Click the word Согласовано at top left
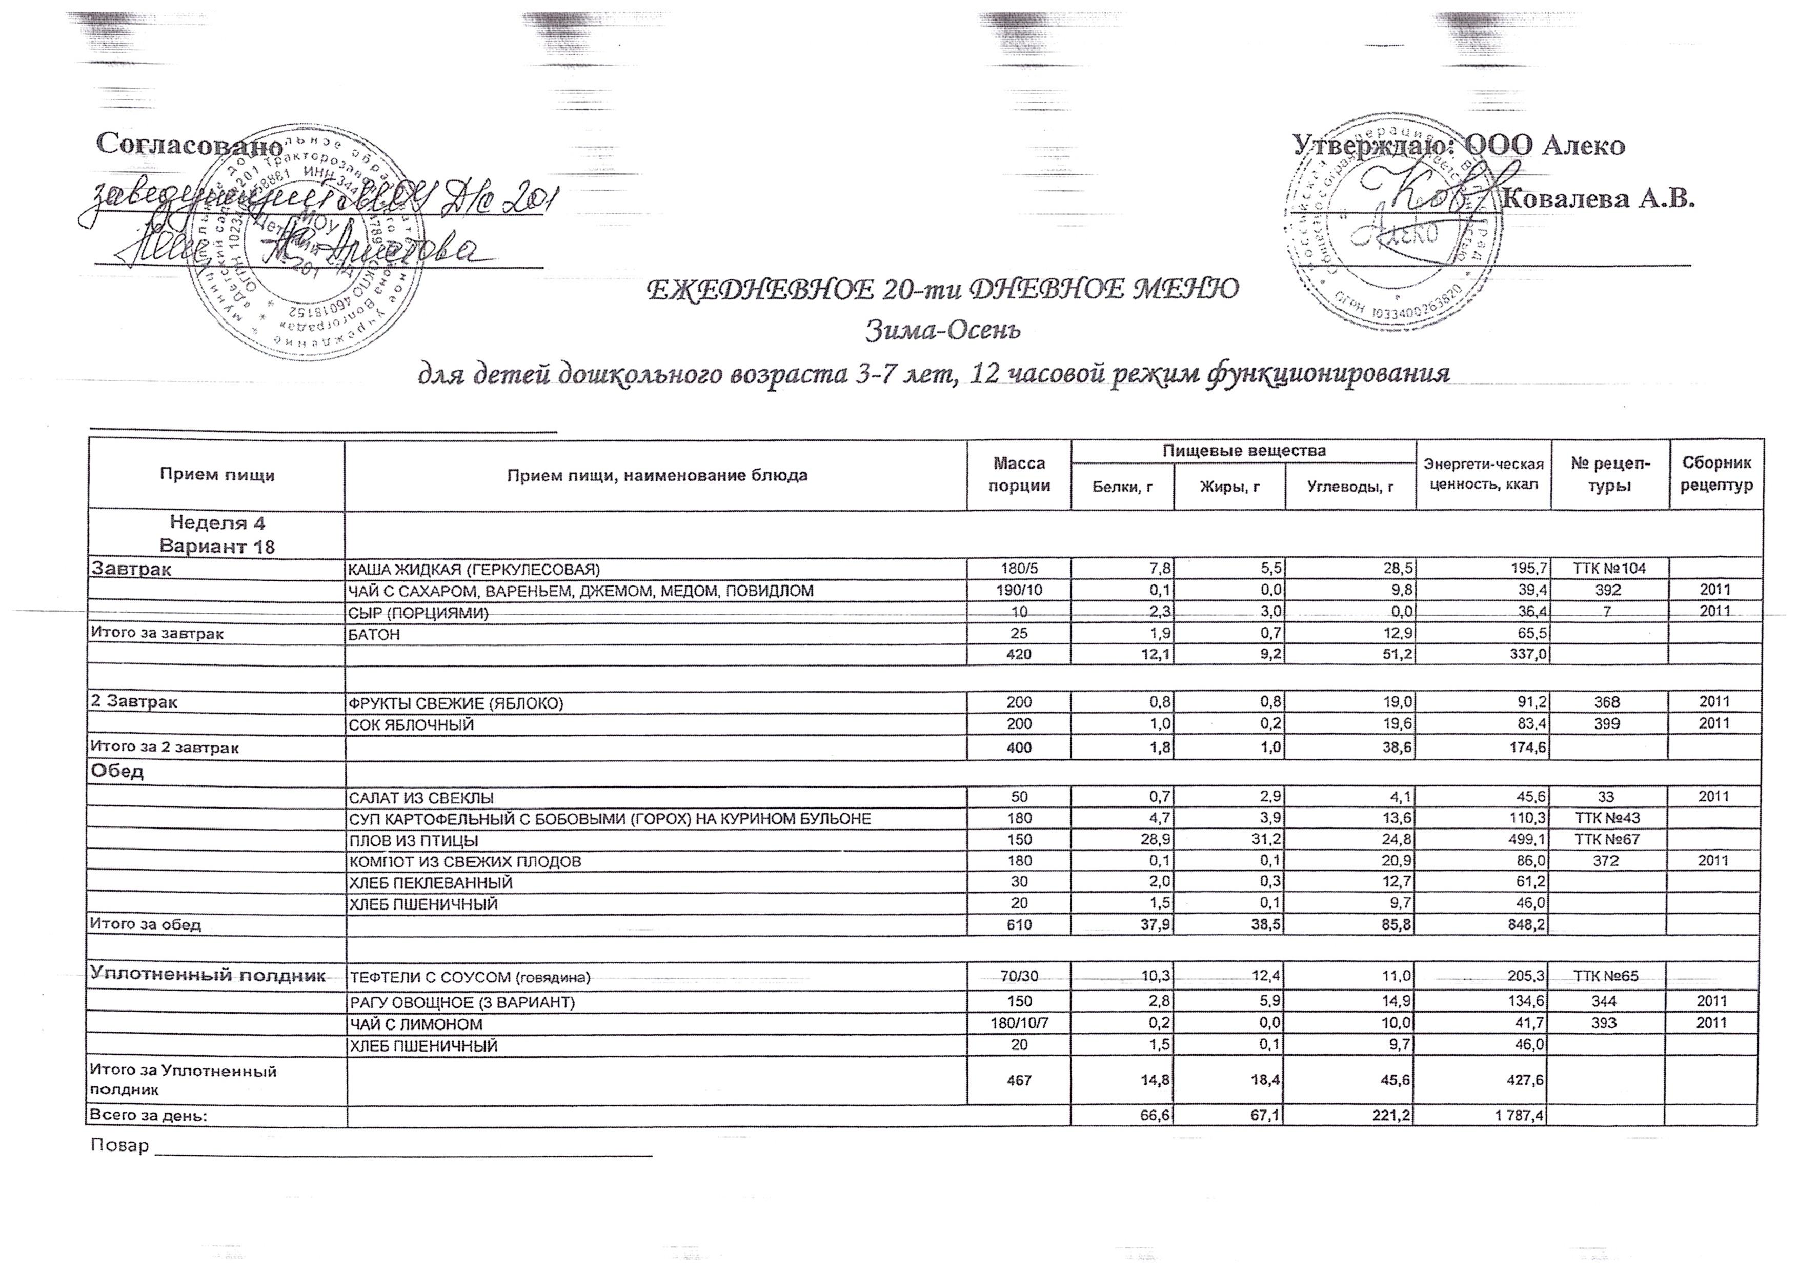pyautogui.click(x=189, y=144)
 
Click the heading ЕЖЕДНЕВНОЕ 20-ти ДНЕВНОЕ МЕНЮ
pyautogui.click(x=942, y=290)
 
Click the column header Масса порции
pyautogui.click(x=1019, y=475)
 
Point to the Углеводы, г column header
pyautogui.click(x=1350, y=487)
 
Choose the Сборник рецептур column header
pyautogui.click(x=1716, y=475)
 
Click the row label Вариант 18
pyautogui.click(x=217, y=546)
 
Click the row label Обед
pyautogui.click(x=117, y=772)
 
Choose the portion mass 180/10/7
pyautogui.click(x=1019, y=1024)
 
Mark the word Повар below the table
pyautogui.click(x=119, y=1145)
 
